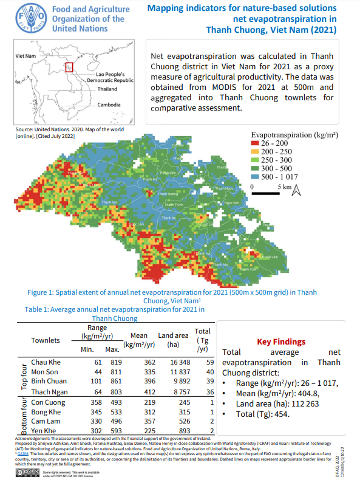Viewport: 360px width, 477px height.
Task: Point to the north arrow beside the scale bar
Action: tap(297, 191)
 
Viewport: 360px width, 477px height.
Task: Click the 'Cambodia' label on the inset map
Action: tap(110, 105)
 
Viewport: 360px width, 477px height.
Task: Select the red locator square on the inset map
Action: tap(69, 66)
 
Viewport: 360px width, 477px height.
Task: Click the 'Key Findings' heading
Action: tap(281, 342)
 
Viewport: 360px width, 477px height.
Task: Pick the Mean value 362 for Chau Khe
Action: tap(134, 362)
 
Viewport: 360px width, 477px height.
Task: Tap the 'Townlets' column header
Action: tap(46, 340)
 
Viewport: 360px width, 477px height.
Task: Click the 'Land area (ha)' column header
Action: tap(173, 340)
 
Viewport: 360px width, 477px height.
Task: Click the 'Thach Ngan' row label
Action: tap(49, 393)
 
